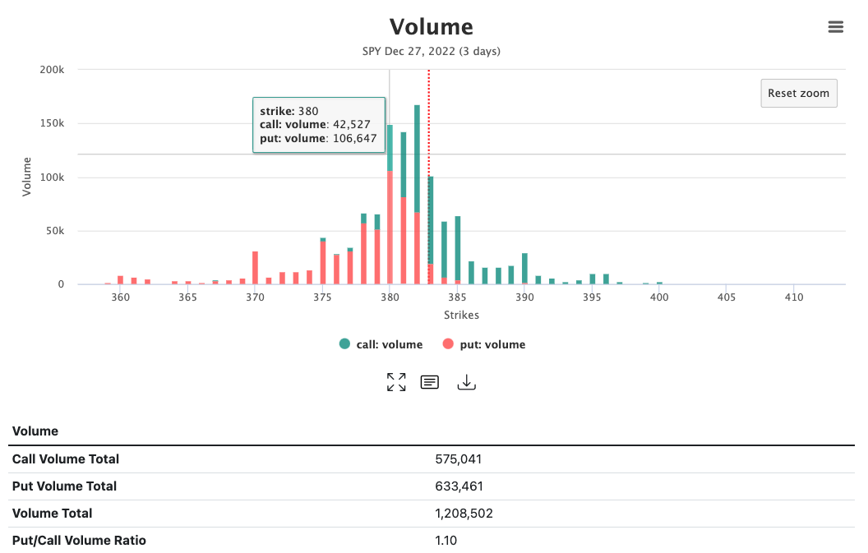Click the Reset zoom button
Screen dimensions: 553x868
coord(798,93)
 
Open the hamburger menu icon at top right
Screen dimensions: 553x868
coord(835,27)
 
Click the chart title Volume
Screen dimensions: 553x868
coord(431,26)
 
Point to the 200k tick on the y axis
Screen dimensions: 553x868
coord(52,70)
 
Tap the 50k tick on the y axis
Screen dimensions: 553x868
coord(54,231)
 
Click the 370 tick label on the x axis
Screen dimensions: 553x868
coord(255,297)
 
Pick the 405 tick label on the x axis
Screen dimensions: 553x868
coord(726,297)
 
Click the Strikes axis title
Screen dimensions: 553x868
coord(461,315)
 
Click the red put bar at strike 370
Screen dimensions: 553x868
coord(256,268)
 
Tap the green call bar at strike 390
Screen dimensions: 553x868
coord(524,268)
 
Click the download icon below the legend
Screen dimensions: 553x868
coord(466,382)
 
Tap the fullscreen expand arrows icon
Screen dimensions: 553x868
coord(396,382)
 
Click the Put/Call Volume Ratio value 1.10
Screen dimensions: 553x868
coord(446,540)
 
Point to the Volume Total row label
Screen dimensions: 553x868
coord(53,513)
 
